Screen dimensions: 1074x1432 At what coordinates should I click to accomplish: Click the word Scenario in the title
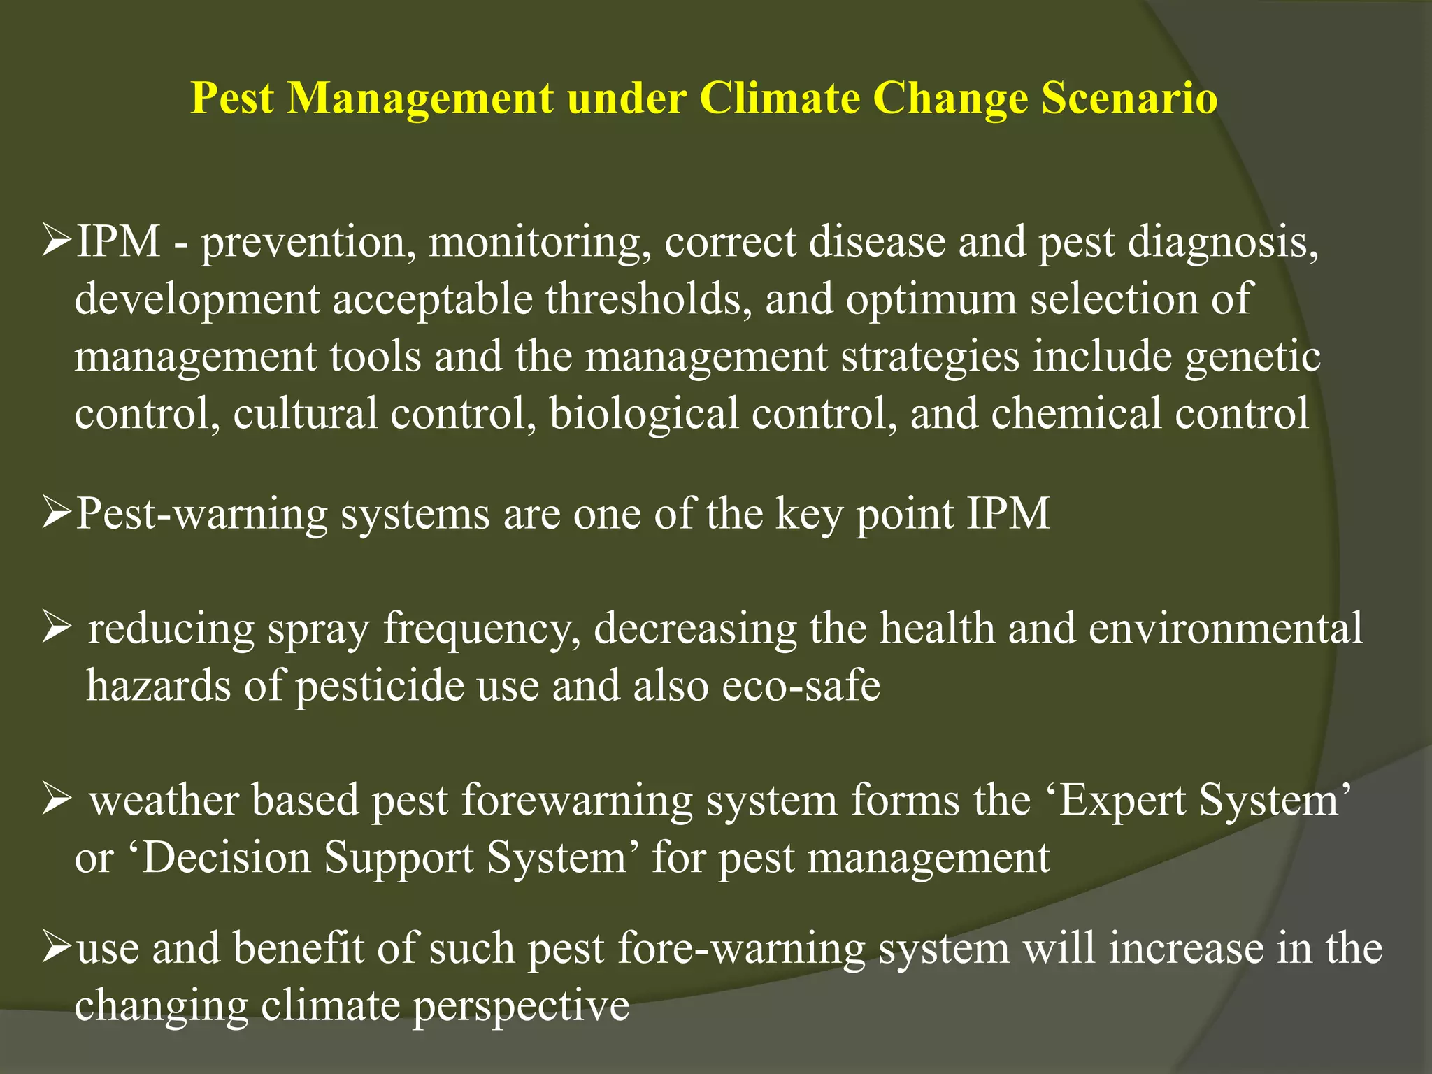(1129, 97)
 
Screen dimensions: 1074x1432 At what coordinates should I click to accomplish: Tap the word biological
(643, 414)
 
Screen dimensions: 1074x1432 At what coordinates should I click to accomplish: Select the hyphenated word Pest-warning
(201, 515)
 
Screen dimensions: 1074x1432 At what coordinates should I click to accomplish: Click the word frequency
(482, 629)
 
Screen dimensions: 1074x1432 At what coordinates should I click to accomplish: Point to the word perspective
(521, 1007)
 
